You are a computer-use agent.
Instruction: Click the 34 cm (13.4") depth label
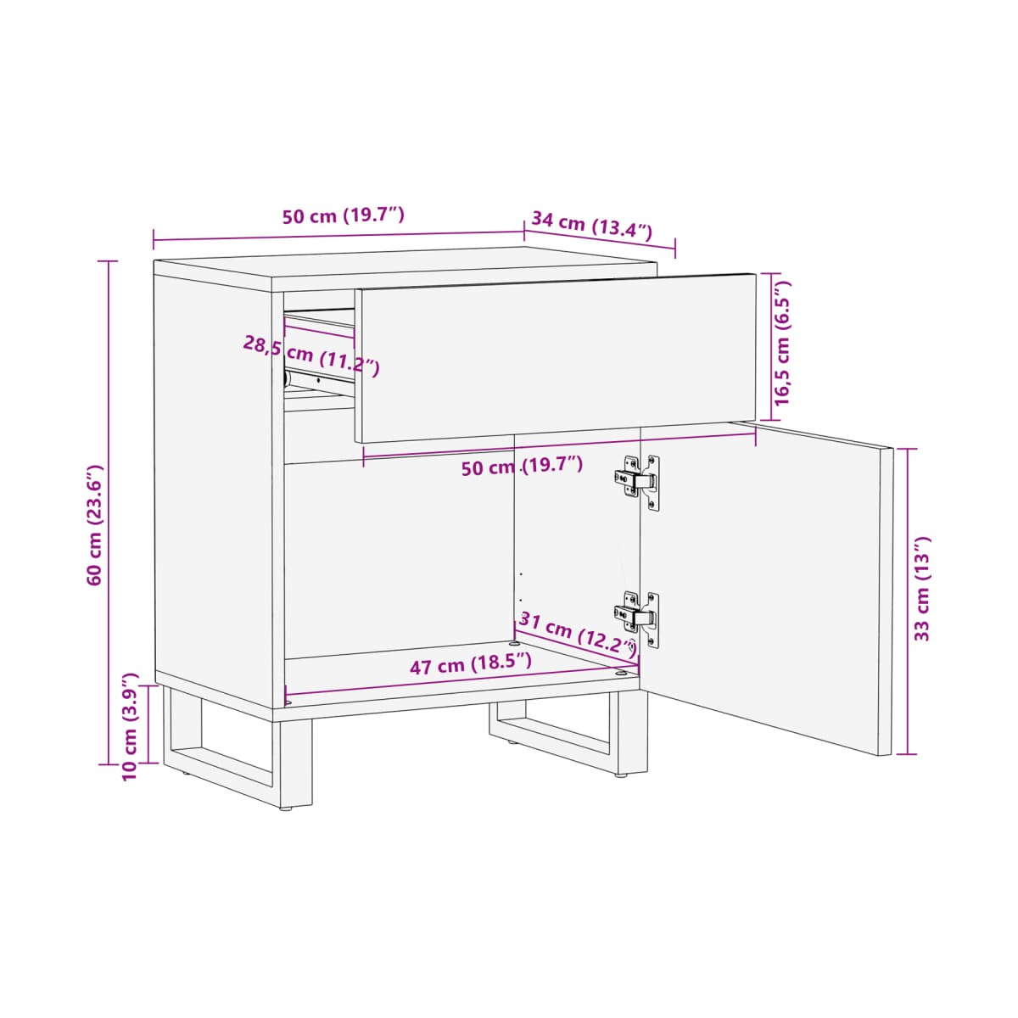pyautogui.click(x=591, y=226)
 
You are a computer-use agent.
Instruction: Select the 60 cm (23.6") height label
pyautogui.click(x=96, y=525)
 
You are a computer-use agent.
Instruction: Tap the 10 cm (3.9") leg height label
pyautogui.click(x=130, y=727)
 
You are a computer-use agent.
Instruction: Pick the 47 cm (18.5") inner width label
pyautogui.click(x=471, y=664)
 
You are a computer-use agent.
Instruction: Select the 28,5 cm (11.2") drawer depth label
pyautogui.click(x=311, y=355)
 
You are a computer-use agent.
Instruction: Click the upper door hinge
pyautogui.click(x=637, y=481)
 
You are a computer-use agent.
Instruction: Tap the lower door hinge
pyautogui.click(x=637, y=618)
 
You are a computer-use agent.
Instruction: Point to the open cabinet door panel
pyautogui.click(x=766, y=586)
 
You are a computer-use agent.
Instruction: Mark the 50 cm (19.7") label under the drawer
pyautogui.click(x=522, y=467)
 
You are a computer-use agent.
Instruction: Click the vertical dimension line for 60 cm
pyautogui.click(x=109, y=512)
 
